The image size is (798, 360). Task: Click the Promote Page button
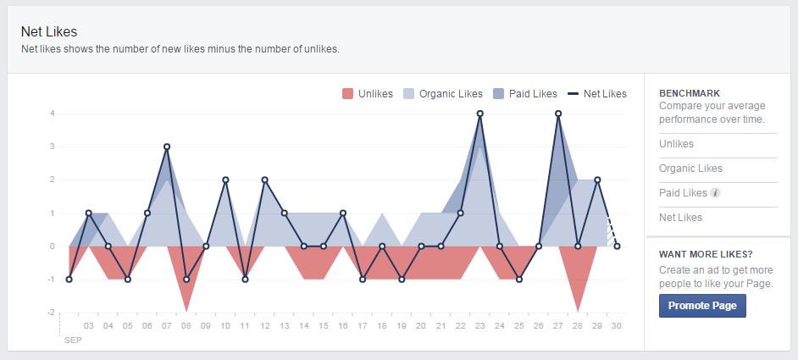point(702,306)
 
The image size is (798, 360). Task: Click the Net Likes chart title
point(49,31)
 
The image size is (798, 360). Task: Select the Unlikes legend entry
point(368,94)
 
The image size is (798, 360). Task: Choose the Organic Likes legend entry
point(442,94)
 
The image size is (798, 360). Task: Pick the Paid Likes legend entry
point(524,94)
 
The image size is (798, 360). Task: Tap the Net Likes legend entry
point(597,94)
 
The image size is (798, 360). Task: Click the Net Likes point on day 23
point(480,114)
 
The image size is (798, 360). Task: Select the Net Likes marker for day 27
point(558,114)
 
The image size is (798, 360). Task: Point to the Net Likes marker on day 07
point(167,147)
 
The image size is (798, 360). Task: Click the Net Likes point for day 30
point(617,246)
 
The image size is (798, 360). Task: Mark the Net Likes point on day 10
point(225,180)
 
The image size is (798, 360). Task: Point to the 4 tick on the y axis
point(53,114)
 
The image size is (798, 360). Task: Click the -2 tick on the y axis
point(51,313)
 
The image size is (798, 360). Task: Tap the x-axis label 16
point(343,325)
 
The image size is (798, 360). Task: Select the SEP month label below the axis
point(73,340)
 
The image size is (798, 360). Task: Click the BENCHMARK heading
point(689,93)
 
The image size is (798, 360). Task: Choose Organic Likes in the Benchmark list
point(690,169)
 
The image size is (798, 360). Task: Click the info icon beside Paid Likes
point(716,193)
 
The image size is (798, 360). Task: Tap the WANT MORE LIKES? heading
point(705,254)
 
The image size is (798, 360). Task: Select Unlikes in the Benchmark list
point(676,144)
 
